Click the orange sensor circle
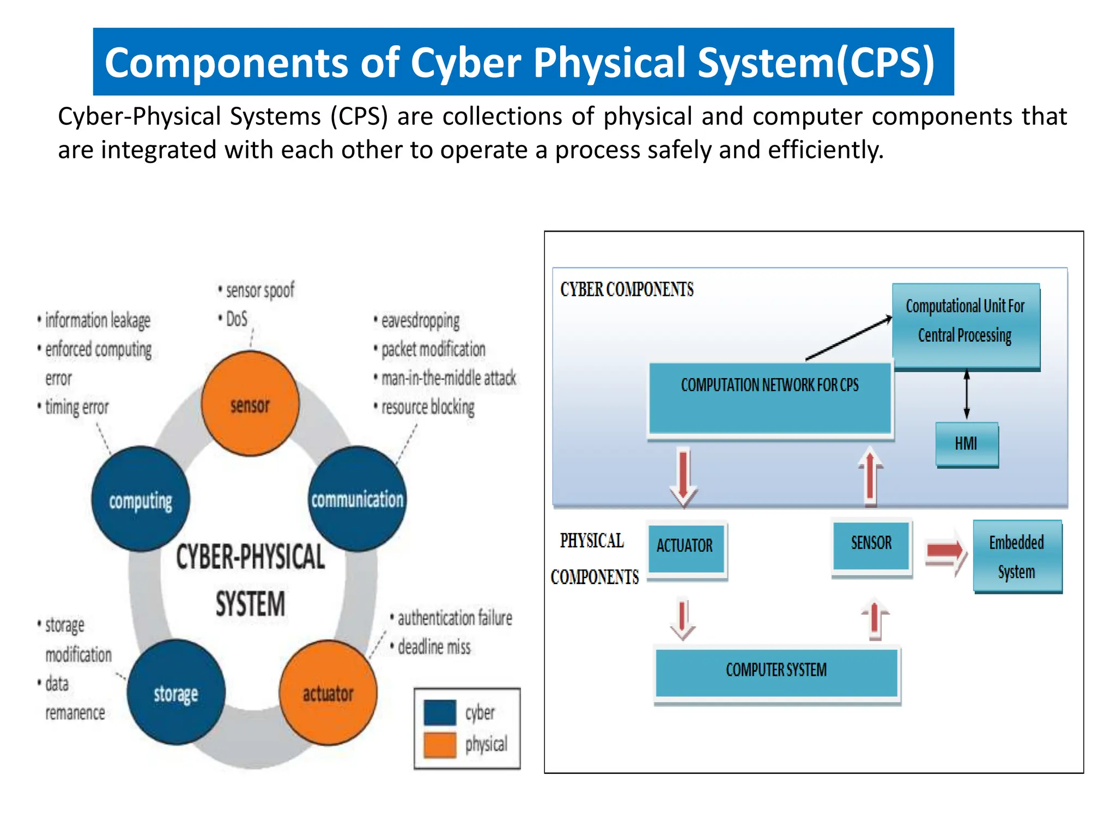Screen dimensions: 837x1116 (250, 404)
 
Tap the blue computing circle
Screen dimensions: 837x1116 (141, 499)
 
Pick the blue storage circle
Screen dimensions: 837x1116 (175, 693)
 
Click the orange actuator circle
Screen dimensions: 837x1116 (327, 693)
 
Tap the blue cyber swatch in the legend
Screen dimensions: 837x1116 (440, 712)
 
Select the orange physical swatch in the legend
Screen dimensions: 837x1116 (440, 744)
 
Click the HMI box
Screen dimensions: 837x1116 (967, 444)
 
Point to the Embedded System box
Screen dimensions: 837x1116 (1017, 556)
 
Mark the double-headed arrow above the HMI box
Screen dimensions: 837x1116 (967, 394)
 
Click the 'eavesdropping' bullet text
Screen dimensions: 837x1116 (420, 321)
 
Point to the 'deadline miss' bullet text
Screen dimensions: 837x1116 (434, 647)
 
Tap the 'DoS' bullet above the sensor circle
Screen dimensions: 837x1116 (236, 319)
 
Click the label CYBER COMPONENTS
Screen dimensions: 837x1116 (627, 289)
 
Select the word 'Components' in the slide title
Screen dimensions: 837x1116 (226, 63)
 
